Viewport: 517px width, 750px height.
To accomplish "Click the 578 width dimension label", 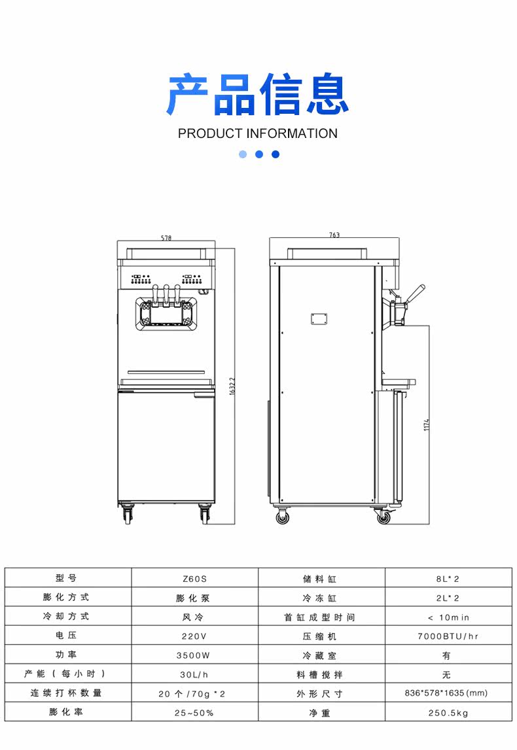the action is coord(166,238).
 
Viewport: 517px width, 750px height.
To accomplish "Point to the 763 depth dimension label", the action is coord(334,235).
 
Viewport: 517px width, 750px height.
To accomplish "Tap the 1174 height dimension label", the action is coord(427,424).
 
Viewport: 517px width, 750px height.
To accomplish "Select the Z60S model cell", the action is coord(194,579).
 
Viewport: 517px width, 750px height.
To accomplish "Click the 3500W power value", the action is coord(194,655).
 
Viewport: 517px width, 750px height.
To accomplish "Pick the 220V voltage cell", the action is coord(194,636).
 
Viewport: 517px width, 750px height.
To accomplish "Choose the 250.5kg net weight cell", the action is coord(448,713).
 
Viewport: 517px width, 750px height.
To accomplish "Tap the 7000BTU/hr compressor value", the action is coord(448,636).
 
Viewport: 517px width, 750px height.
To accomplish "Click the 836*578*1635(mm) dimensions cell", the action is coord(448,693).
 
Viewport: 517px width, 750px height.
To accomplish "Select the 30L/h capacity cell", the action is coord(194,674).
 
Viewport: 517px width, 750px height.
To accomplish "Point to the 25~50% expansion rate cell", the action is coord(194,713).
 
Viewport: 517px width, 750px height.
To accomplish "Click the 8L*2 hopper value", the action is coord(448,579).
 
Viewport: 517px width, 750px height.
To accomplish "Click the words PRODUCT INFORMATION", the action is coord(258,133).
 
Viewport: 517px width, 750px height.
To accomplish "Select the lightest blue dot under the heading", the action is coord(243,154).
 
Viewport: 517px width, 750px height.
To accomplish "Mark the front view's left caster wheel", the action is coord(126,515).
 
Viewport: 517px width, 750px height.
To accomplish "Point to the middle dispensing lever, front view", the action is coord(166,294).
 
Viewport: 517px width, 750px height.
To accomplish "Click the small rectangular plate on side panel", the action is coord(319,318).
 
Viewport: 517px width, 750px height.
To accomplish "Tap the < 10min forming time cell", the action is coord(448,617).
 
